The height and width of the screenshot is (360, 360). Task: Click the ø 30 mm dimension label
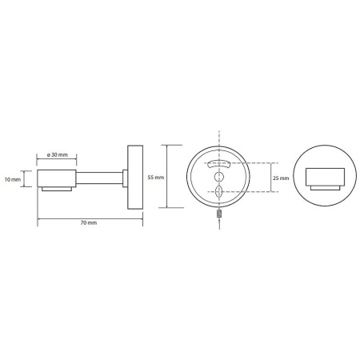[x=57, y=154]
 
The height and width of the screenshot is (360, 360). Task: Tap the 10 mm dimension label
[x=13, y=179]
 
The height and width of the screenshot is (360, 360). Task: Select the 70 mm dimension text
[x=89, y=222]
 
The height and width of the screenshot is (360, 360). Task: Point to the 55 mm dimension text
[x=156, y=177]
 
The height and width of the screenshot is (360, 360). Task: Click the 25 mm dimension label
[x=281, y=178]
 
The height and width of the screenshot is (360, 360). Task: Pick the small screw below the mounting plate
[x=219, y=214]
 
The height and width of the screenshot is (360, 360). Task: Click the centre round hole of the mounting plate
[x=219, y=177]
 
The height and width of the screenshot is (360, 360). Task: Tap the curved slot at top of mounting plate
[x=219, y=163]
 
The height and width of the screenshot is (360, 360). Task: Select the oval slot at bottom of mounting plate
[x=219, y=191]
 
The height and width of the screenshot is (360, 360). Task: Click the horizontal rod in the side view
[x=99, y=178]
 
